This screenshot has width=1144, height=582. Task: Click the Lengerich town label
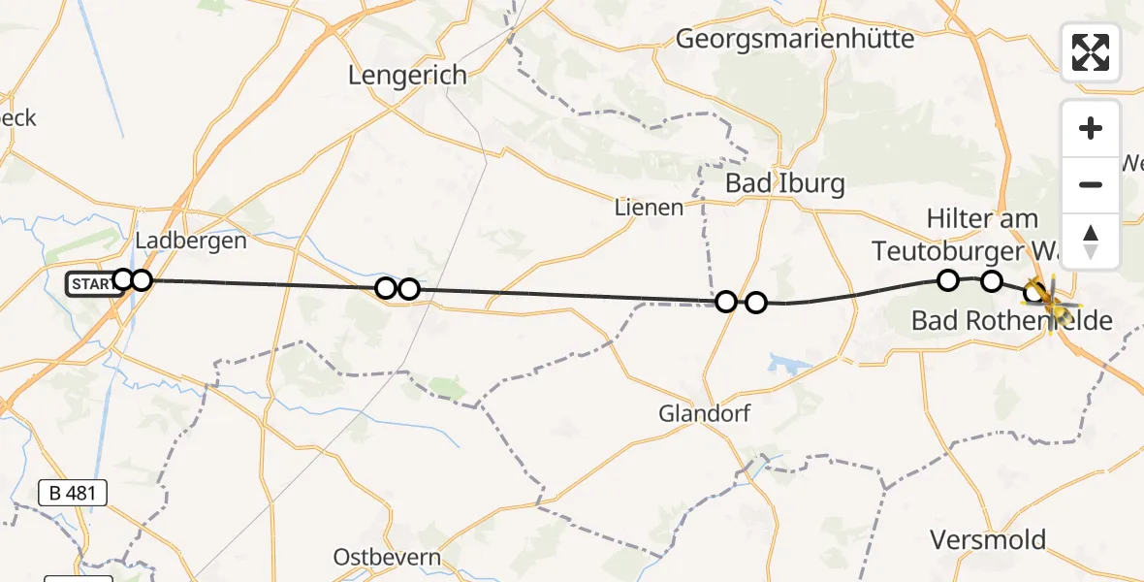408,75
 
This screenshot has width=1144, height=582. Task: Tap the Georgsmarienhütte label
795,39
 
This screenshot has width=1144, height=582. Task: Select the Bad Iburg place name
784,183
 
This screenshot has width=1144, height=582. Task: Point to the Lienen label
649,207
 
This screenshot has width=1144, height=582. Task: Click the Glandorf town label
705,413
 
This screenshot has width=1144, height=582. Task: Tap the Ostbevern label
387,557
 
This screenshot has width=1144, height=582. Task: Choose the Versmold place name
988,539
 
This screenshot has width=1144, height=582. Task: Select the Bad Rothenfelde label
1011,320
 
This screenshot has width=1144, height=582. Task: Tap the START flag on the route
89,284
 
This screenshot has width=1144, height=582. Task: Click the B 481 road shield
73,493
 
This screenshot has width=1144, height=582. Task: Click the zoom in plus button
1091,128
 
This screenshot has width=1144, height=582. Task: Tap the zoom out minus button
1091,185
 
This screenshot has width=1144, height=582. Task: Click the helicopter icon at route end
1051,301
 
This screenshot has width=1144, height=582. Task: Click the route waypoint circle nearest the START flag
123,280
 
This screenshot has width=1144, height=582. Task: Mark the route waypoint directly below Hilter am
948,280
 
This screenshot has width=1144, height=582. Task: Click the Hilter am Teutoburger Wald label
982,235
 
